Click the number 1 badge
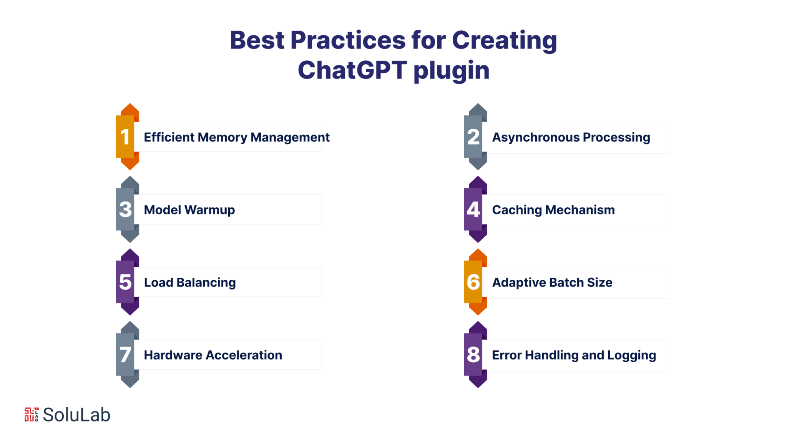pos(127,137)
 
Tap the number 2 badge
pos(475,137)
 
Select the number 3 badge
pos(127,209)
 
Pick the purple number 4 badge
pos(475,209)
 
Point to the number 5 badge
pos(127,282)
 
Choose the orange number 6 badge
pos(475,282)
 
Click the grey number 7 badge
pos(127,355)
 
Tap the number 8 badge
pos(475,355)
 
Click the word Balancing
pos(206,283)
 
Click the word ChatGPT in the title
pos(352,70)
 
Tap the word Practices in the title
pos(348,40)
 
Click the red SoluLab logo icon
pos(32,415)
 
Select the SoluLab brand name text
pos(76,415)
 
